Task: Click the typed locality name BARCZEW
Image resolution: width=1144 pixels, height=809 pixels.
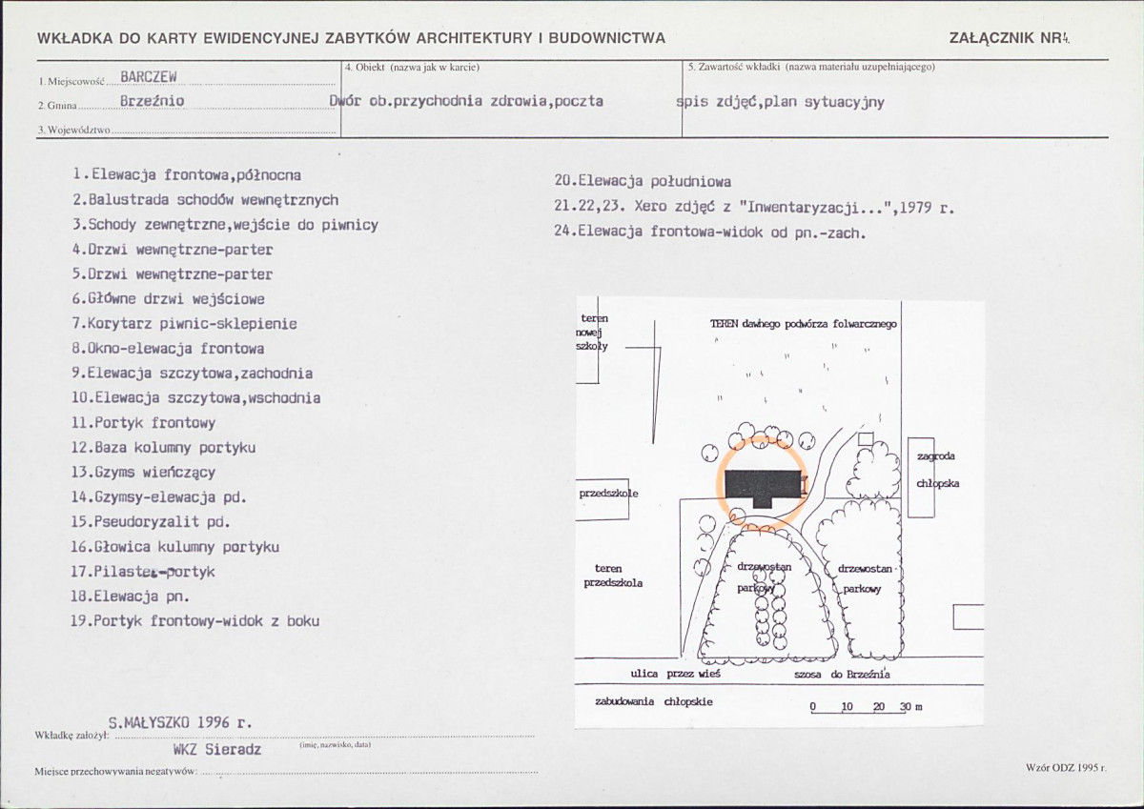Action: coord(149,76)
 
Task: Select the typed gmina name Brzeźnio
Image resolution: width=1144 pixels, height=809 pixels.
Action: coord(152,101)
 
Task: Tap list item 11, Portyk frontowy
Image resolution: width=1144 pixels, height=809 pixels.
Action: coord(143,423)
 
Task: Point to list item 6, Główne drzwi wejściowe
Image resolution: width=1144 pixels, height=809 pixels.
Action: coord(168,298)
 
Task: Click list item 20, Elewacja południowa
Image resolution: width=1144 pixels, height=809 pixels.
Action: coord(643,182)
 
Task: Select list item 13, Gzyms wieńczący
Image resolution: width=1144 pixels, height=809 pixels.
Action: coord(143,472)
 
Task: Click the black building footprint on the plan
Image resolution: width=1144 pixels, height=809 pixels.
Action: coord(763,487)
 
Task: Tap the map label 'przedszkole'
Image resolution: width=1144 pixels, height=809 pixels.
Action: coord(608,494)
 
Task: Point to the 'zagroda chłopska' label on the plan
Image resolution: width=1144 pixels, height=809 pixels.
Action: coord(937,470)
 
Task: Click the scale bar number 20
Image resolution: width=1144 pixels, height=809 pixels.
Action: coord(878,706)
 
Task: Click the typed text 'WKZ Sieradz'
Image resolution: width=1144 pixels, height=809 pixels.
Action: coord(217,749)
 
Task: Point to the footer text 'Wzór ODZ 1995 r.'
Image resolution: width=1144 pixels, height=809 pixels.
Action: coord(1066,768)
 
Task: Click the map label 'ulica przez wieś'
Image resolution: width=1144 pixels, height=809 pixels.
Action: coord(675,674)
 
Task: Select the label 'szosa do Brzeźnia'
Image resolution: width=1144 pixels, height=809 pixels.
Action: coord(842,675)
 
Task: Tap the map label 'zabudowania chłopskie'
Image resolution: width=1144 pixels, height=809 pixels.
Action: coord(654,702)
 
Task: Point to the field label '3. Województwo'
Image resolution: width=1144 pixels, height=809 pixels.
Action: coord(74,131)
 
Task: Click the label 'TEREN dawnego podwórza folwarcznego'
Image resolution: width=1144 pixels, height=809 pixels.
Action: coord(804,324)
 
